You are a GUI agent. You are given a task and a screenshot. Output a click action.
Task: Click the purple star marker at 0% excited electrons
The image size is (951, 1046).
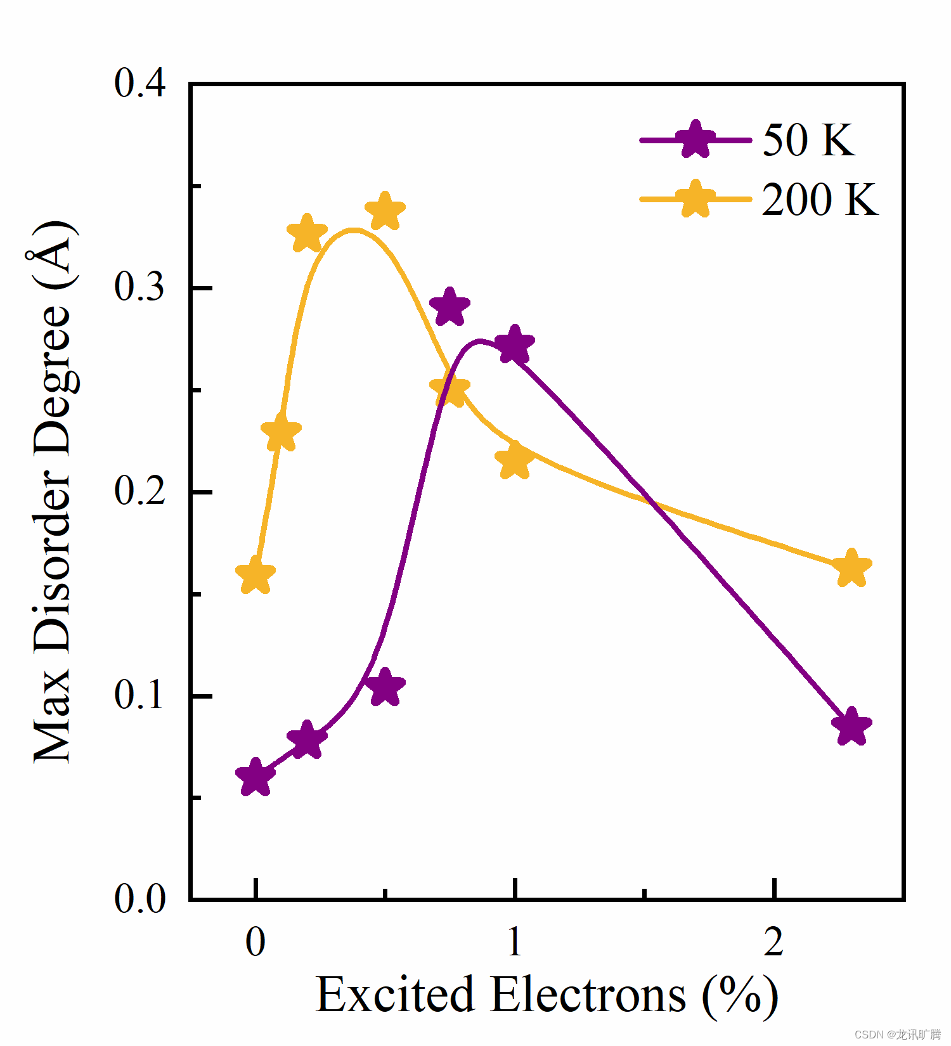pos(255,777)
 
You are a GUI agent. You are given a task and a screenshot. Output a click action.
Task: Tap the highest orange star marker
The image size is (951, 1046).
pos(385,211)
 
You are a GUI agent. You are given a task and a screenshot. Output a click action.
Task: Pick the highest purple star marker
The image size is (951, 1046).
pos(450,307)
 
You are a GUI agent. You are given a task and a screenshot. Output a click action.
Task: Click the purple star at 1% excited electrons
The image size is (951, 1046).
pos(514,345)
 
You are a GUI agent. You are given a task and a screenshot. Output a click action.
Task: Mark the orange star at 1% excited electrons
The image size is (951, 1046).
pos(514,460)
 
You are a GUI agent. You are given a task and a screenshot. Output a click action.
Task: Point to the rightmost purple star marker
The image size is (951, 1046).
pos(851,726)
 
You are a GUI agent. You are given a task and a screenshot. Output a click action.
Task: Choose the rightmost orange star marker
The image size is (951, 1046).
pos(851,568)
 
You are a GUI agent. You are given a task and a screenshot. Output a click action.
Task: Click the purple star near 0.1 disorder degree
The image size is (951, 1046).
pos(385,687)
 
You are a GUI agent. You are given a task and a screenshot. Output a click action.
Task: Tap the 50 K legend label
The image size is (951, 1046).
pos(808,140)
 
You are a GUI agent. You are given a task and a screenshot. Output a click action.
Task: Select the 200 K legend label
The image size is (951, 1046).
pos(819,200)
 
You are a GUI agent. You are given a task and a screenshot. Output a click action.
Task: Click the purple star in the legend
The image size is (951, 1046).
pos(695,140)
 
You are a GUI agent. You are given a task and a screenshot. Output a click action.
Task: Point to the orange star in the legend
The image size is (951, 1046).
pos(695,199)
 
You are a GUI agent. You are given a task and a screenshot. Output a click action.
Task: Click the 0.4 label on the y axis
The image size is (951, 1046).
pos(139,83)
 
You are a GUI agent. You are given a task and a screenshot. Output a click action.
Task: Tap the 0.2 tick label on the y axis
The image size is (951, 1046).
pos(139,491)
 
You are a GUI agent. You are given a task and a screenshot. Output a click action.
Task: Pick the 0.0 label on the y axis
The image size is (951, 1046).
pos(139,898)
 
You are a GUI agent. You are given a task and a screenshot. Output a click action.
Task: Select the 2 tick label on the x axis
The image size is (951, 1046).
pos(773,941)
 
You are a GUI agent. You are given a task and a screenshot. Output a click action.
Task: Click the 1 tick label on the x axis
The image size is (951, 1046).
pos(514,941)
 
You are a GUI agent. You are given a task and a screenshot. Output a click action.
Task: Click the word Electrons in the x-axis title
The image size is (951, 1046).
pos(588,995)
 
